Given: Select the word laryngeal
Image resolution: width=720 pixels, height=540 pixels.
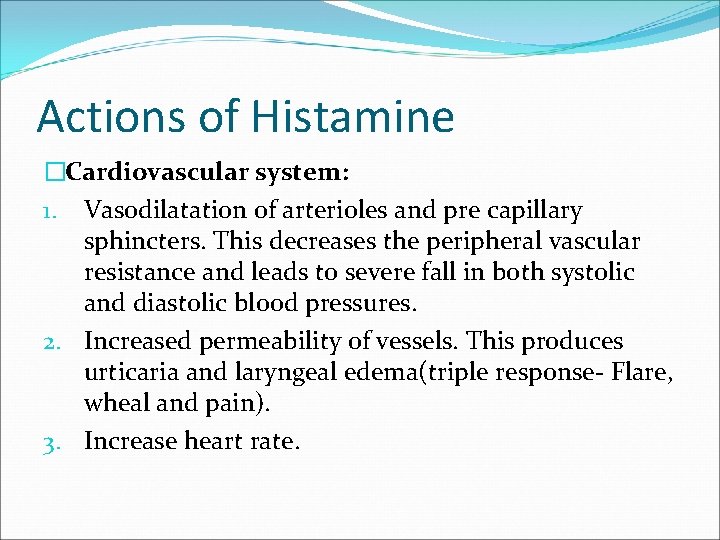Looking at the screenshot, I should (x=282, y=374).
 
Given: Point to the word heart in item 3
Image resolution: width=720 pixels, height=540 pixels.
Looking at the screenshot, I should (x=216, y=441).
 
